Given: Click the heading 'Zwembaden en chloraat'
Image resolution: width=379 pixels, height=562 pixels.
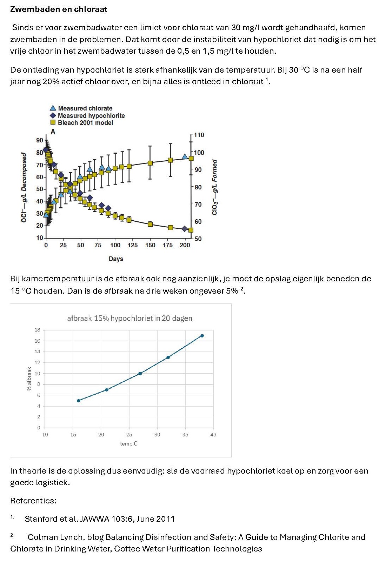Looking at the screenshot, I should tap(59, 9).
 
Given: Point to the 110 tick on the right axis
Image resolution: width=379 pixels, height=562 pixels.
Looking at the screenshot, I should tap(199, 135).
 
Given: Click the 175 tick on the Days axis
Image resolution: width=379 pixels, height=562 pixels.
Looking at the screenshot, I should tap(167, 245).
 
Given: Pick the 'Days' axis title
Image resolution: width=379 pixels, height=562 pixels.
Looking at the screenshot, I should tap(116, 259).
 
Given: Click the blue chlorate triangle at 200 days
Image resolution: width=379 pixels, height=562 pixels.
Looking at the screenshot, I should tap(185, 156).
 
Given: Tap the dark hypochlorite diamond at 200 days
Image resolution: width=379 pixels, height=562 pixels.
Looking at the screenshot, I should tap(185, 229).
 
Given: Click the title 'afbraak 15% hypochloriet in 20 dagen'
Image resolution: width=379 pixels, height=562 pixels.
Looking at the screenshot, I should tap(129, 319).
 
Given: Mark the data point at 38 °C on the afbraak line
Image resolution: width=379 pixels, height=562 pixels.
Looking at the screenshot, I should tap(202, 336).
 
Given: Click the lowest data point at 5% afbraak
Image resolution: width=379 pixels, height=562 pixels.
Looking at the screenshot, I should tap(79, 401).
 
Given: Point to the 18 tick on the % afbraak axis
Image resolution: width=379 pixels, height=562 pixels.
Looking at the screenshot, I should tap(37, 330).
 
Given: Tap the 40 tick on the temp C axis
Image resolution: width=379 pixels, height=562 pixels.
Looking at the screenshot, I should tap(213, 435).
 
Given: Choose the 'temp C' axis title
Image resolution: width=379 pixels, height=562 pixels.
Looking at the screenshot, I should tap(129, 444).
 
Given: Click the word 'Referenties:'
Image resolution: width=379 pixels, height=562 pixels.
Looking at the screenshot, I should tap(33, 501).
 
